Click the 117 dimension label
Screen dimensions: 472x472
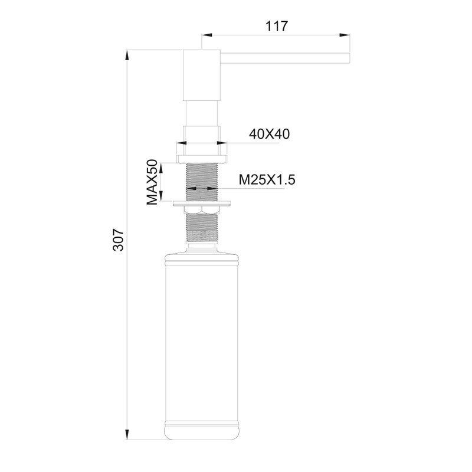[x=276, y=26]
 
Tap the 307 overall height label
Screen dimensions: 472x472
[x=119, y=240]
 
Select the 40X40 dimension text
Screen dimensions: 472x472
[x=269, y=134]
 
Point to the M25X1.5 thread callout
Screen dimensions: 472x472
[x=267, y=180]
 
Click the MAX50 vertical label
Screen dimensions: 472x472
[x=152, y=182]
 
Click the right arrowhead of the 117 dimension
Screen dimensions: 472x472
[x=345, y=35]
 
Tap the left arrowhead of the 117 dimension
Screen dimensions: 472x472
[x=207, y=35]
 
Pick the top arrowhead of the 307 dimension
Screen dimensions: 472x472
[x=127, y=55]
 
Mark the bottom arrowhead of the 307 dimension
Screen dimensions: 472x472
[x=127, y=434]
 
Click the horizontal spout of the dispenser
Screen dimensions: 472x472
[x=285, y=58]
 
